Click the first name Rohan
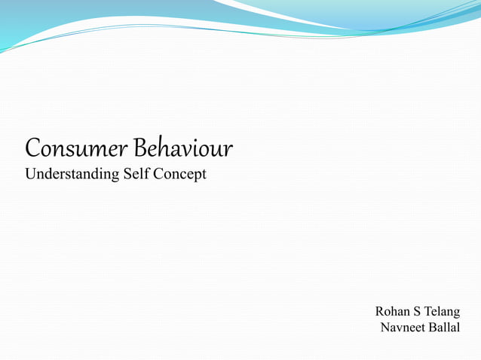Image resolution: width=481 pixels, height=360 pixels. [x=394, y=311]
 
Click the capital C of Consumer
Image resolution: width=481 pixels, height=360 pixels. [x=32, y=148]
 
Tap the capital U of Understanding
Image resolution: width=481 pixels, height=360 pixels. [x=31, y=174]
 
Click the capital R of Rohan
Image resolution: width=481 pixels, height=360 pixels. [x=379, y=311]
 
